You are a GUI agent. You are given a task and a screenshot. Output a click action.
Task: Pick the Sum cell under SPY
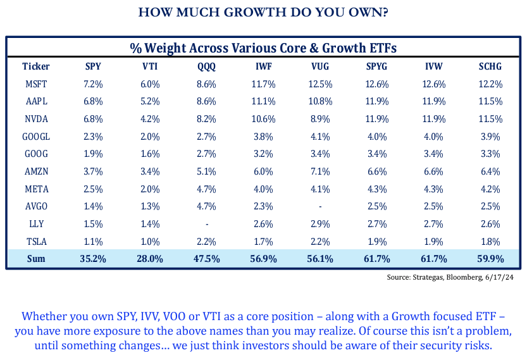[92, 259]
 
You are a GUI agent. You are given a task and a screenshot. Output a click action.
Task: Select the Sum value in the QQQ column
[205, 259]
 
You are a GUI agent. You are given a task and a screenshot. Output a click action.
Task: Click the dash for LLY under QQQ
[205, 224]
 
